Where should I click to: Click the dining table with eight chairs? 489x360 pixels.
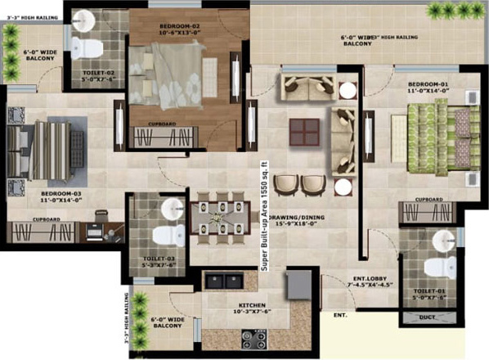tap(218, 219)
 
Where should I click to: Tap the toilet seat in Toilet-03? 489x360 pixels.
tap(169, 236)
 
